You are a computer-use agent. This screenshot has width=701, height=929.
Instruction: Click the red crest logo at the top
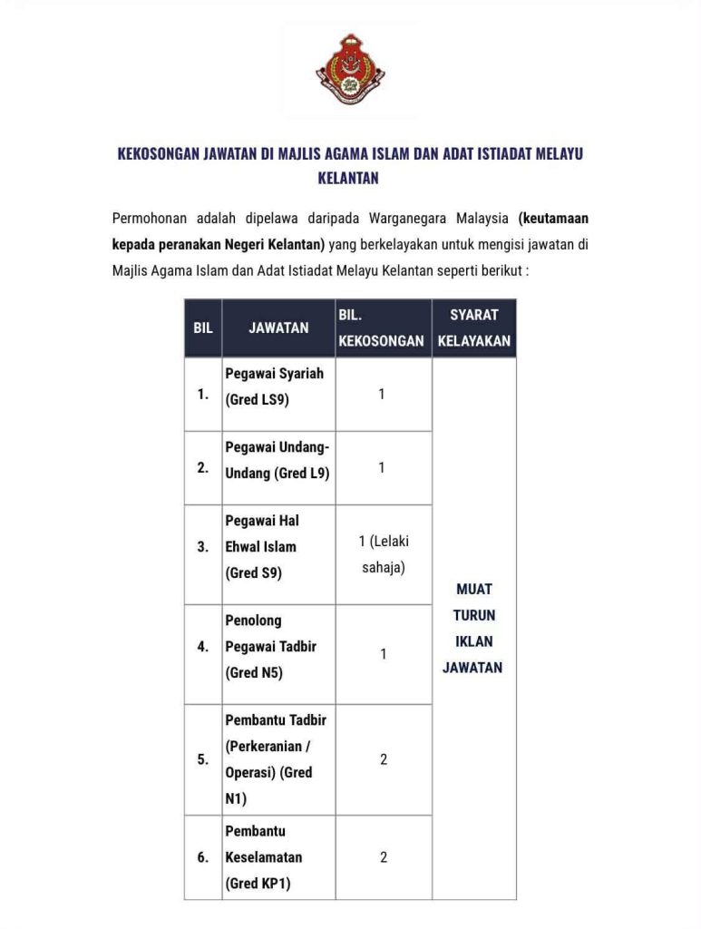(x=350, y=70)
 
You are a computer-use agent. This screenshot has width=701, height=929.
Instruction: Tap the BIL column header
(x=203, y=328)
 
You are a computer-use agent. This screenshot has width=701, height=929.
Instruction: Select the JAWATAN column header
(x=278, y=328)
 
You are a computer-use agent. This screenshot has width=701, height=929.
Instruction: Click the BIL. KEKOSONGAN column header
(x=382, y=328)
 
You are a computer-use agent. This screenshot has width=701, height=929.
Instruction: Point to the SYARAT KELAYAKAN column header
(x=474, y=328)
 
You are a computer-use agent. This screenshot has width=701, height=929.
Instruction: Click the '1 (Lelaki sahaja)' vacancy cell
(x=383, y=554)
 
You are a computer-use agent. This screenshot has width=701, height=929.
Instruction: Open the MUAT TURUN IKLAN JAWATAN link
(x=472, y=628)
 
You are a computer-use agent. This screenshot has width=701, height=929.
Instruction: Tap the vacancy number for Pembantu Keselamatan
(x=383, y=857)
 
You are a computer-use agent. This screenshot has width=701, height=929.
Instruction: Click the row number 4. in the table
(x=203, y=647)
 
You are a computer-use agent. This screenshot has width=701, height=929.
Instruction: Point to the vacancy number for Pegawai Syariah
(x=382, y=395)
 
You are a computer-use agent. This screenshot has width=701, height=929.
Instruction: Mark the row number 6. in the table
(x=203, y=857)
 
